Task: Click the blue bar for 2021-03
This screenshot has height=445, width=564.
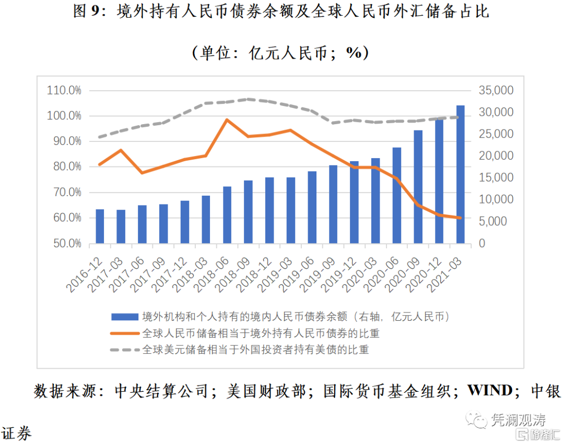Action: pyautogui.click(x=460, y=175)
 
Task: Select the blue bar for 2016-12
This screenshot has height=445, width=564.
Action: pyautogui.click(x=100, y=226)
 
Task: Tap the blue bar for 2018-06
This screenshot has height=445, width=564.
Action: pyautogui.click(x=227, y=215)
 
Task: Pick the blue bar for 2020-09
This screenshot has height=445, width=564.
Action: pyautogui.click(x=418, y=187)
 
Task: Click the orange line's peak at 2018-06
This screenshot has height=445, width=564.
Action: pyautogui.click(x=227, y=119)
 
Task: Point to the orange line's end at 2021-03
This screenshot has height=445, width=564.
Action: pyautogui.click(x=460, y=218)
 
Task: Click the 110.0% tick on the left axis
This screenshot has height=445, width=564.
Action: pyautogui.click(x=64, y=90)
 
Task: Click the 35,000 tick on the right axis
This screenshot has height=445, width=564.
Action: pyautogui.click(x=496, y=90)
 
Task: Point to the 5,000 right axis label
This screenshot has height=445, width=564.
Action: pyautogui.click(x=494, y=221)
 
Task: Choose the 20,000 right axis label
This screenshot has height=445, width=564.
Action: pyautogui.click(x=496, y=156)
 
